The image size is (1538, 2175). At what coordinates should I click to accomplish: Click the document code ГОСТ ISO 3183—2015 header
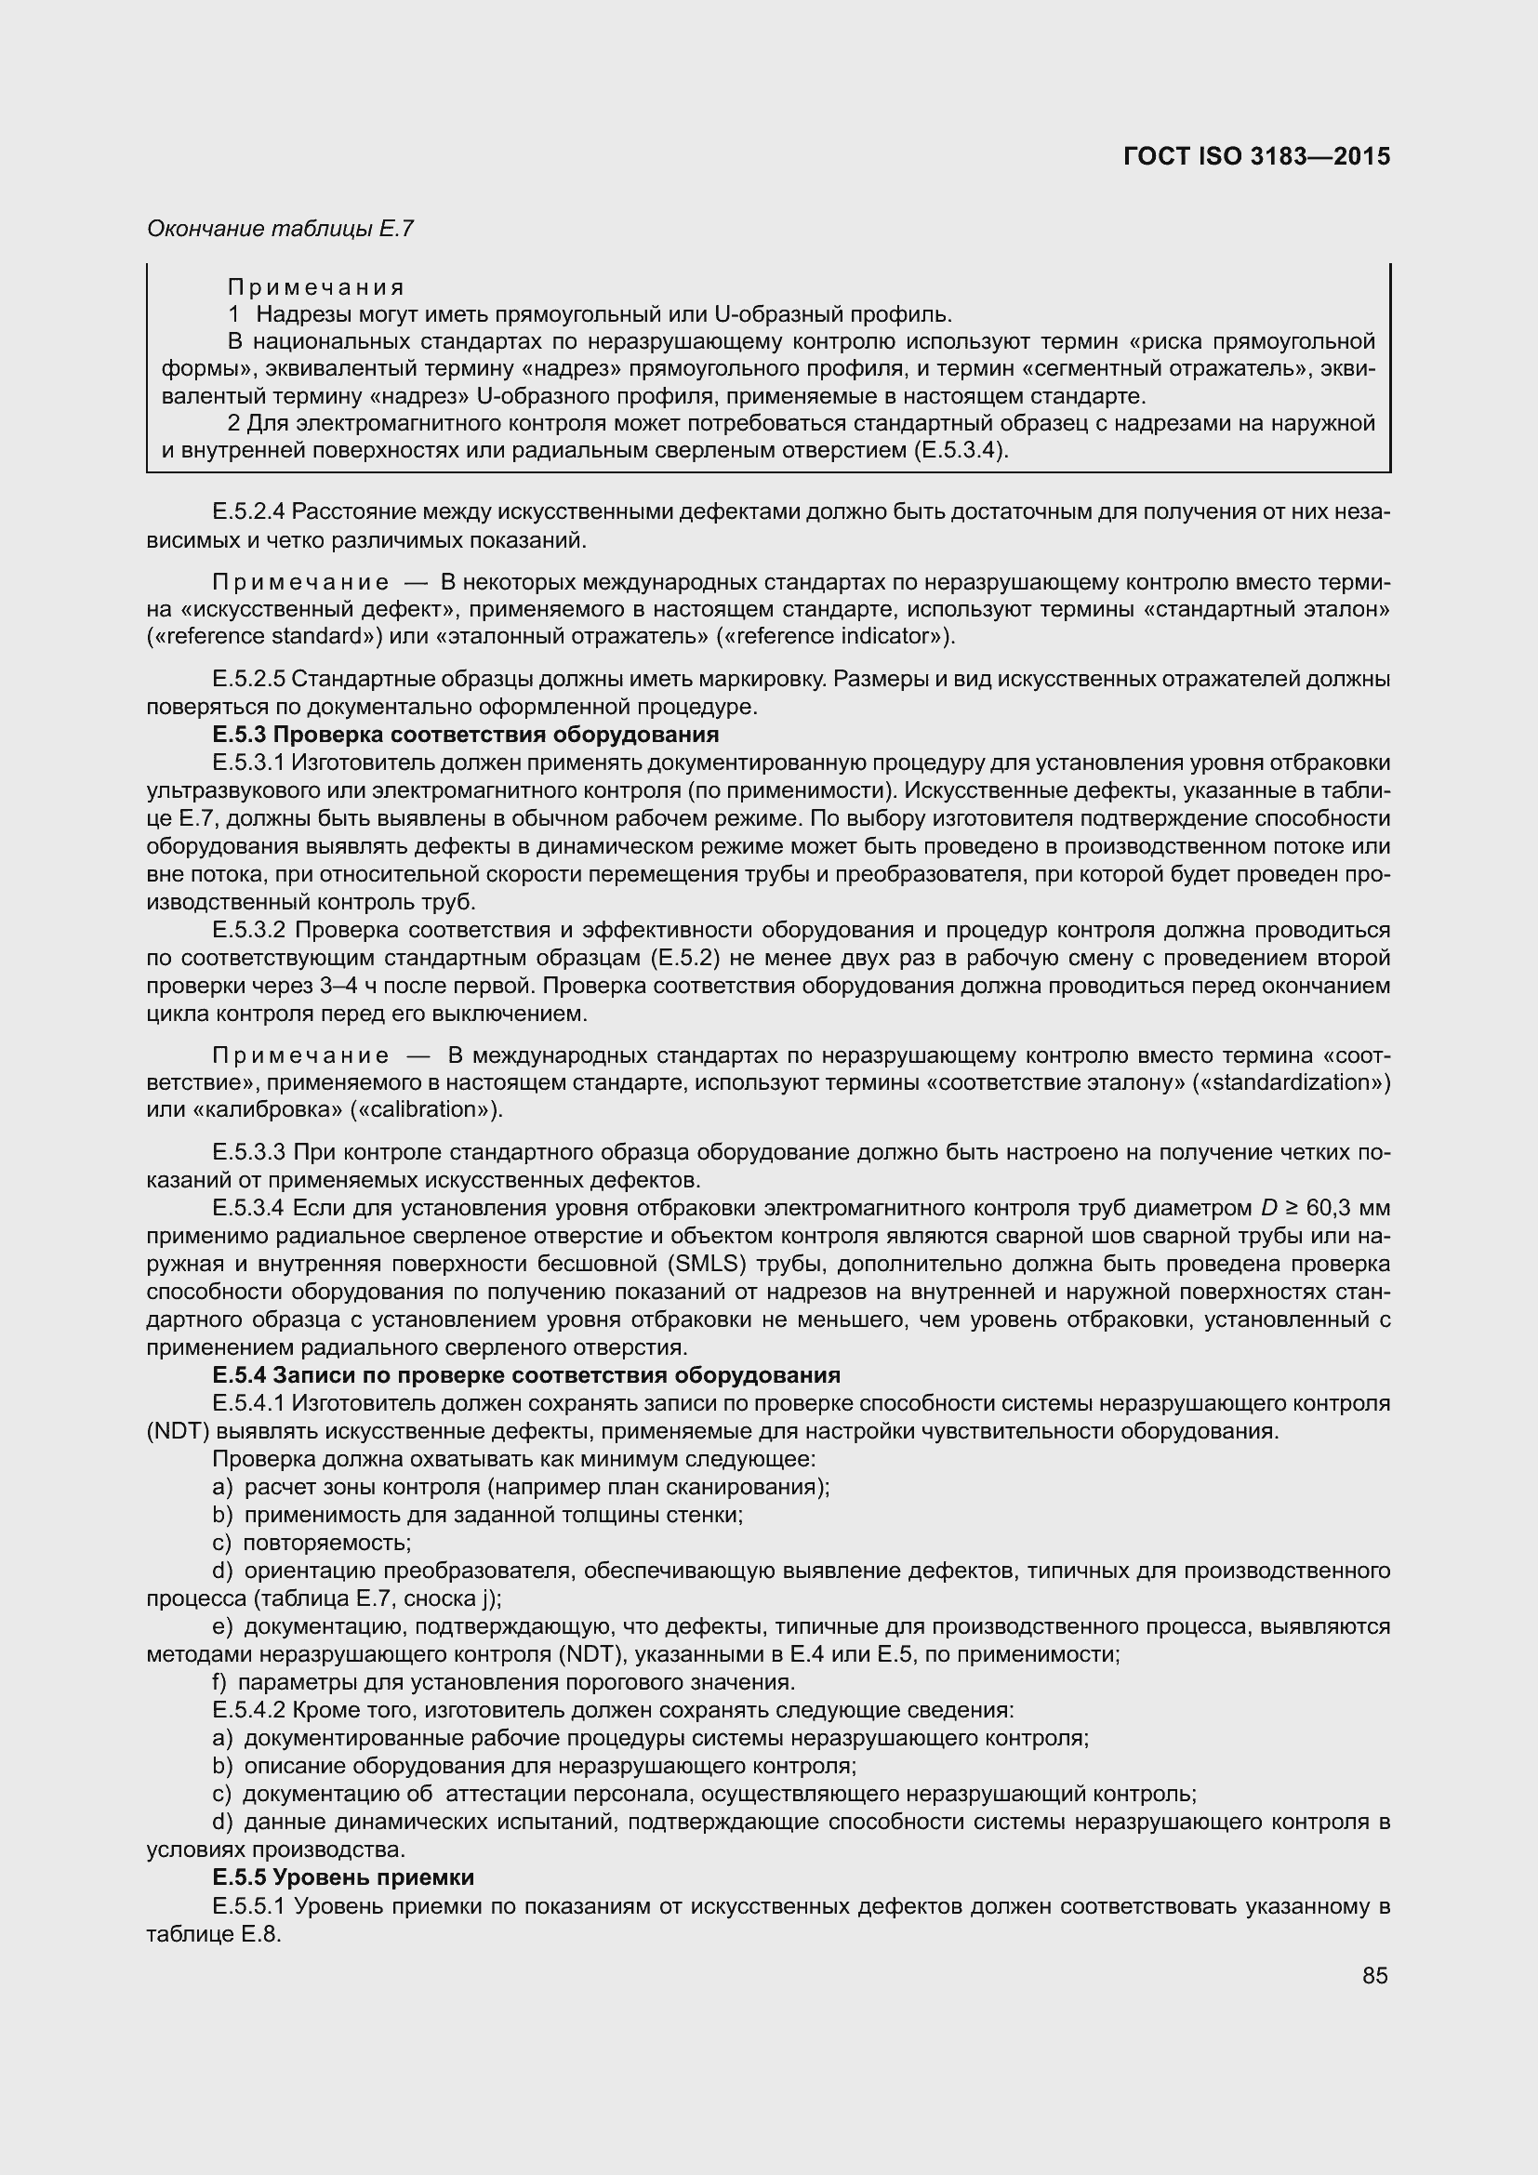coord(1257,157)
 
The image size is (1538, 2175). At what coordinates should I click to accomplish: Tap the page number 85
coord(1375,1976)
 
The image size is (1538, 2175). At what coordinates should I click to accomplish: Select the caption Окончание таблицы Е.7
coord(280,229)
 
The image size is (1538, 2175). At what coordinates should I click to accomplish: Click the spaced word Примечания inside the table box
coord(316,287)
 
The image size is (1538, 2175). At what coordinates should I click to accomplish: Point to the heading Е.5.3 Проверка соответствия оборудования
coord(466,736)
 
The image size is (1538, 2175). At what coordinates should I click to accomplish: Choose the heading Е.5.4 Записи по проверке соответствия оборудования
coord(526,1375)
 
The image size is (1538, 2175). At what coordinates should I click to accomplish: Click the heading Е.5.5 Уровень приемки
coord(343,1877)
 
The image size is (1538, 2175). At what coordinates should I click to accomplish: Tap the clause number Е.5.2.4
coord(249,512)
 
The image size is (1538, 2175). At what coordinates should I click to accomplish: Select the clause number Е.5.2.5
coord(249,679)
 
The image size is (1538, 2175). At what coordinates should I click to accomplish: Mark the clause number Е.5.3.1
coord(249,763)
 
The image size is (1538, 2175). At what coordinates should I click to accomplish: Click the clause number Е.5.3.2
coord(250,930)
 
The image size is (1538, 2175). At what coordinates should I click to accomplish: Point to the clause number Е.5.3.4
coord(250,1208)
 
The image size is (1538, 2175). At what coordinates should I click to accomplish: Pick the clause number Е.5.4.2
coord(249,1710)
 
